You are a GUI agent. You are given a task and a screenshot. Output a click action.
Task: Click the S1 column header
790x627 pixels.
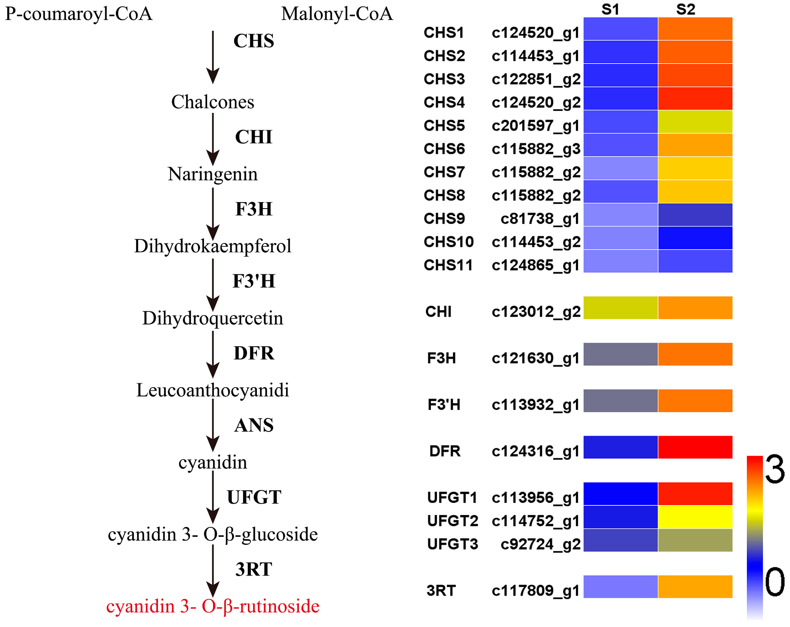pos(610,9)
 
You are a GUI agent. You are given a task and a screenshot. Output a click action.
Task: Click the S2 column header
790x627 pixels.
pos(685,9)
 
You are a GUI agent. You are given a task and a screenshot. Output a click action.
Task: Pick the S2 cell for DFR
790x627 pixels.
pos(695,447)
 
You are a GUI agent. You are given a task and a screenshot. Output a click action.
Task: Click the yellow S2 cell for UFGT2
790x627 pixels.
pos(695,517)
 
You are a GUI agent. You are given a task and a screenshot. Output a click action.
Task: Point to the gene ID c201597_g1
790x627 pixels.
pos(535,126)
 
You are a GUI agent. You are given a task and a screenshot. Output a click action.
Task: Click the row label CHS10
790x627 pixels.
pos(449,242)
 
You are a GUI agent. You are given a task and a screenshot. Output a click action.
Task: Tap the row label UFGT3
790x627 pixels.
pos(453,544)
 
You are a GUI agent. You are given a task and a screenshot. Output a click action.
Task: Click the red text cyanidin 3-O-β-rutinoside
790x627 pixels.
pos(213,606)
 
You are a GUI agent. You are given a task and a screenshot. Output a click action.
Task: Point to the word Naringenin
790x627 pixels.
pos(213,174)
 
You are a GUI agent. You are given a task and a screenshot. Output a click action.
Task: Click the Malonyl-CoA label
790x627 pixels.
pos(337,14)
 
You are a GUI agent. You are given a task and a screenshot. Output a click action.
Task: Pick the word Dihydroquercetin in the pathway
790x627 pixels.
pos(213,318)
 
